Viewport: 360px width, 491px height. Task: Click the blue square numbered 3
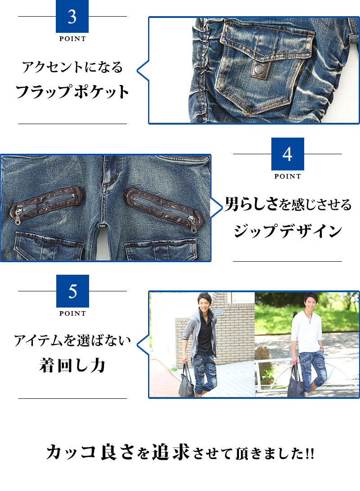[72, 16]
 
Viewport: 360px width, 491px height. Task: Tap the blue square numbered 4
[288, 154]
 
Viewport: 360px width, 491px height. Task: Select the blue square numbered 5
[73, 291]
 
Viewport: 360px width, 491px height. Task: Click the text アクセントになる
[72, 67]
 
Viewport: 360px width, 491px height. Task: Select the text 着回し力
[72, 365]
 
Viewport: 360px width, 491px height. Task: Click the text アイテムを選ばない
[72, 340]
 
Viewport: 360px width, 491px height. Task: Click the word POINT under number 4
[288, 176]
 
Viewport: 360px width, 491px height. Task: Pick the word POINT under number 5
[72, 313]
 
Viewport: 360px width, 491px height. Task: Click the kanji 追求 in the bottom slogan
[171, 452]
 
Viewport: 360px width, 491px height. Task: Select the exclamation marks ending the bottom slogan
[310, 454]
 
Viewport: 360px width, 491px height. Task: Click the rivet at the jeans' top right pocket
[207, 159]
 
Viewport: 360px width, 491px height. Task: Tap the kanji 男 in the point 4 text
[232, 204]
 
